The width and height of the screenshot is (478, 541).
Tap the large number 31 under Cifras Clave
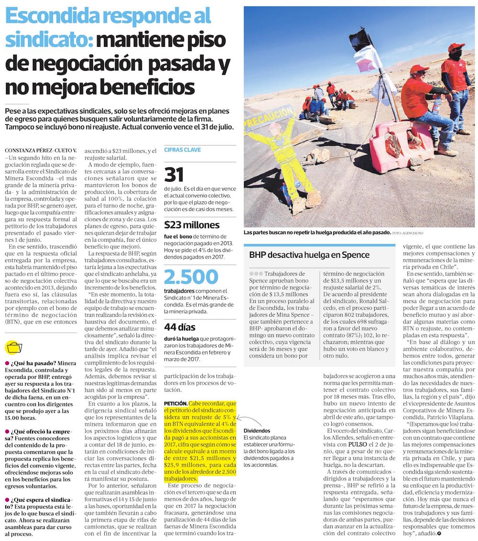point(174,175)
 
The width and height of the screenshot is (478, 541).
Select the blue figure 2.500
point(191,277)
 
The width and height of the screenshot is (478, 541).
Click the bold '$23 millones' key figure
point(192,225)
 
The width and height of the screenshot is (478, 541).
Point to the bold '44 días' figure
point(180,328)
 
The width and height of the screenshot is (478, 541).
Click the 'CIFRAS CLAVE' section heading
point(182,150)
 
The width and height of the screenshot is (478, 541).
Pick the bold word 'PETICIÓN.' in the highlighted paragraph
point(175,404)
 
